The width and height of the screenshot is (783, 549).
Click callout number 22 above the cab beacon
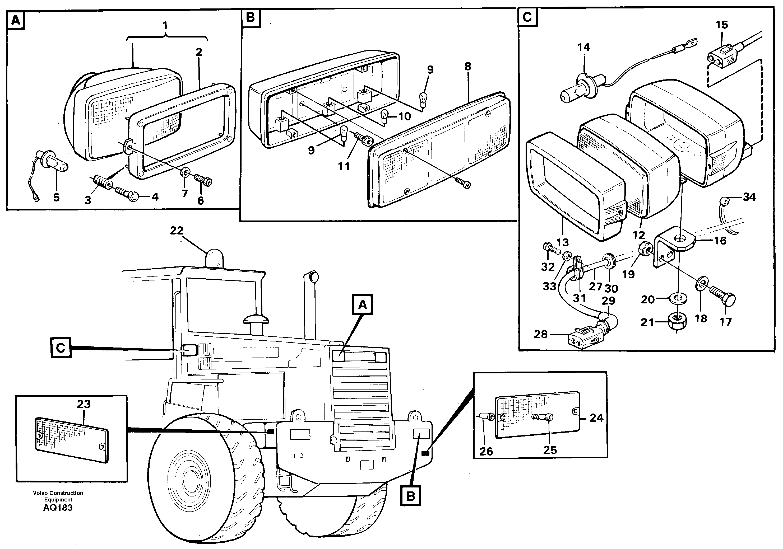[x=177, y=231]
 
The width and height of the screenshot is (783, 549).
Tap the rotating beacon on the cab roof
[x=214, y=259]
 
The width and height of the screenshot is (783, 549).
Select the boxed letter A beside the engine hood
[x=363, y=304]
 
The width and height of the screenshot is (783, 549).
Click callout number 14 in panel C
[x=583, y=47]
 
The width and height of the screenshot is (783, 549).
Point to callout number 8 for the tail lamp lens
[x=467, y=67]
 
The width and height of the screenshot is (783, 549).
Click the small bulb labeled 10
[x=384, y=115]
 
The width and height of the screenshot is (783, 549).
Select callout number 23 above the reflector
[x=84, y=404]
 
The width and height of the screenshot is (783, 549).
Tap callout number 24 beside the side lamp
[x=596, y=418]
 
